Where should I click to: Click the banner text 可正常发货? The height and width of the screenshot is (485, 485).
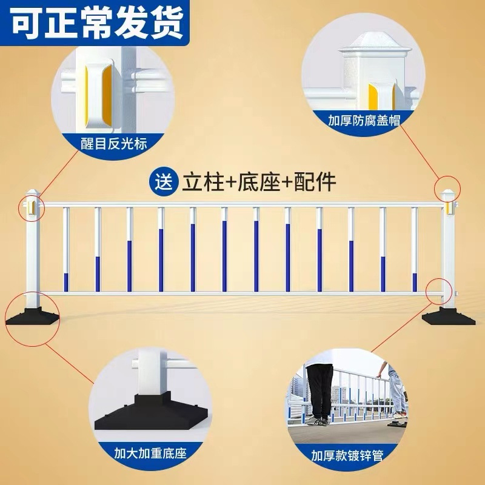point(97,23)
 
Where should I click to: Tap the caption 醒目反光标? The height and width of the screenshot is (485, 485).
point(114,144)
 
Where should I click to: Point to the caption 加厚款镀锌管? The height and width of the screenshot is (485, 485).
point(347,455)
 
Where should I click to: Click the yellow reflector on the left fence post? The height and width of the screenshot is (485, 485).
point(28,209)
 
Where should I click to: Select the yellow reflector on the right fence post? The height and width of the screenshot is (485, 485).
point(449,207)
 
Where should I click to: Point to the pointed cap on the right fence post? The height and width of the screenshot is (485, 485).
point(448,193)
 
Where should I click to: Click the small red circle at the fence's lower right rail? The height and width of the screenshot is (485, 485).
point(438,290)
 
